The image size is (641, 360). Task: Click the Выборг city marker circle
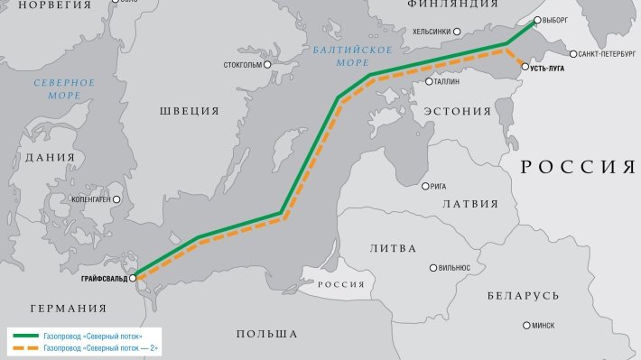click(x=537, y=19)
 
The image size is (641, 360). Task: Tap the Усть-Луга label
click(x=553, y=67)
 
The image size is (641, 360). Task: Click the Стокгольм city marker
click(x=267, y=65)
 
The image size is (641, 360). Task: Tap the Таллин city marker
click(x=431, y=81)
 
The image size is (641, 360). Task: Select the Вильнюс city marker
click(x=434, y=268)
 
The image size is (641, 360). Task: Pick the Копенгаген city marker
click(x=116, y=198)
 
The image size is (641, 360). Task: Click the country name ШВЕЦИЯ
click(x=190, y=111)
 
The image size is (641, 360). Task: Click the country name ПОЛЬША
click(x=266, y=334)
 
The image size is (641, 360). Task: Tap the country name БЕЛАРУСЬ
click(x=523, y=296)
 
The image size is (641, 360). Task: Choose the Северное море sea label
click(x=64, y=88)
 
